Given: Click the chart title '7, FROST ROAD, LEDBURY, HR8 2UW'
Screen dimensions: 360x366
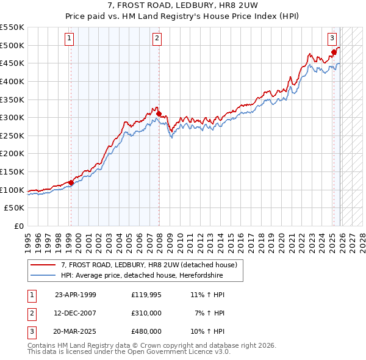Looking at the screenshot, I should tap(182, 5).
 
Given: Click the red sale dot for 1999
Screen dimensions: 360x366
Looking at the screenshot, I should tap(71, 182).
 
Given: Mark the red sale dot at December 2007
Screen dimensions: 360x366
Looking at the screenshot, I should tap(159, 113).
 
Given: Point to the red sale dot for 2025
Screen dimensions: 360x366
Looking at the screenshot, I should tap(334, 52).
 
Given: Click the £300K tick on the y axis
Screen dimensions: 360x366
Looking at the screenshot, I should tap(12, 117).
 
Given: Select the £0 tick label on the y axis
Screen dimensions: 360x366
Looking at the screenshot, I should tap(18, 226).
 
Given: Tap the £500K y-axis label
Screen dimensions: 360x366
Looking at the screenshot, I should tap(12, 45).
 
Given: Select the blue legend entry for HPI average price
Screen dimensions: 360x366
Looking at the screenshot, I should tap(142, 276).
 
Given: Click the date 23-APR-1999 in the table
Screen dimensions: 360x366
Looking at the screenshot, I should tap(75, 295).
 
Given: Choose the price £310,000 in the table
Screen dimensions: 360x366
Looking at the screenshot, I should tap(146, 313).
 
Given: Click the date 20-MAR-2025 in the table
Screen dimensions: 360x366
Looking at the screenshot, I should tap(75, 331).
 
